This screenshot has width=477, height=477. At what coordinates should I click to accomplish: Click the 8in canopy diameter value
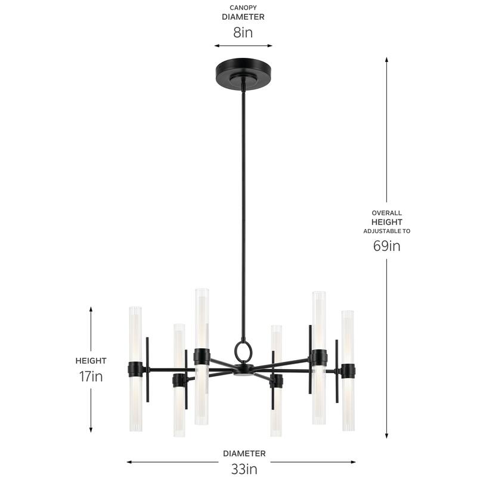[243, 32]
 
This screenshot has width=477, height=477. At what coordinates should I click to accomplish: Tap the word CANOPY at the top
[243, 8]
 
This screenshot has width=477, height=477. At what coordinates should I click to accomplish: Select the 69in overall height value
[386, 246]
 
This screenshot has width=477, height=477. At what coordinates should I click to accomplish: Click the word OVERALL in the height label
[386, 213]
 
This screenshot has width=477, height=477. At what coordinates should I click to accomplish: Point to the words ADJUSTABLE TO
[386, 231]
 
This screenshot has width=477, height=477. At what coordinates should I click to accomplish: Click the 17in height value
[91, 376]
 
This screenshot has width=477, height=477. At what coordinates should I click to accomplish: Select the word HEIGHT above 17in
[91, 361]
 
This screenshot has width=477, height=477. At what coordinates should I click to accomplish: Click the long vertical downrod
[243, 209]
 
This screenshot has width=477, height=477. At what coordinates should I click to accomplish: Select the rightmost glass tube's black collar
[348, 371]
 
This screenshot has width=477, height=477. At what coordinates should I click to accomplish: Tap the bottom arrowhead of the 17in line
[91, 430]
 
